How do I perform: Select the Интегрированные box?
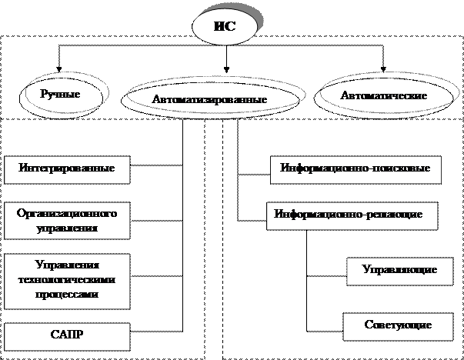click(x=67, y=169)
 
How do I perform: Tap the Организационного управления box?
click(x=66, y=219)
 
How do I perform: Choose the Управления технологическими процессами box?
click(x=66, y=278)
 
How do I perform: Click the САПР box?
click(x=66, y=335)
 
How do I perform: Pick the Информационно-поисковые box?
click(x=356, y=169)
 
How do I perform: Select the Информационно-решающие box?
click(x=352, y=215)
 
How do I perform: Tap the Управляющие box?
click(x=399, y=271)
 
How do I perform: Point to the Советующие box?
click(x=398, y=326)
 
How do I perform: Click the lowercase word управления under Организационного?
click(x=66, y=228)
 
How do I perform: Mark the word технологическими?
click(x=66, y=279)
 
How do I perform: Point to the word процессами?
click(x=66, y=294)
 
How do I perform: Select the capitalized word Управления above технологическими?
click(x=66, y=265)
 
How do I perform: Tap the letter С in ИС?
click(x=230, y=29)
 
